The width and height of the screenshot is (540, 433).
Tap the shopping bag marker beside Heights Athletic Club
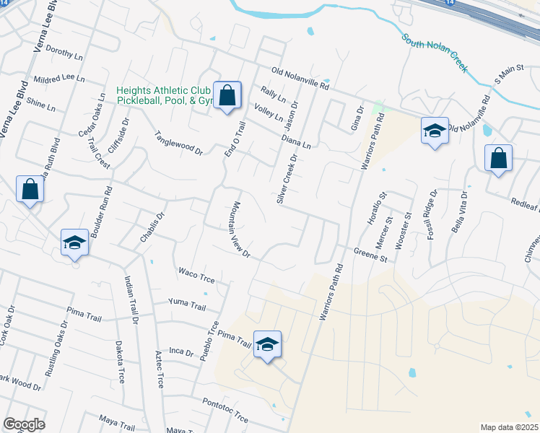(x=227, y=95)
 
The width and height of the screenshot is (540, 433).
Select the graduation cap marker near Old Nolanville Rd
(x=435, y=131)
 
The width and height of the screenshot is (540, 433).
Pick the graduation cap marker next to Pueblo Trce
(x=266, y=345)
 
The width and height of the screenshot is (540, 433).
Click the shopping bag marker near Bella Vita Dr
(x=498, y=159)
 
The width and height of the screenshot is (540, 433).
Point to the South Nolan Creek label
(x=435, y=54)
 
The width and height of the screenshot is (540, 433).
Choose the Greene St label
(x=371, y=253)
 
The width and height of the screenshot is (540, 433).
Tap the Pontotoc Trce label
(x=225, y=410)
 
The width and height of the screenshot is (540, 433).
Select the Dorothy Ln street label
(x=65, y=52)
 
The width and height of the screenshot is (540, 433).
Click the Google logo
(x=25, y=424)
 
